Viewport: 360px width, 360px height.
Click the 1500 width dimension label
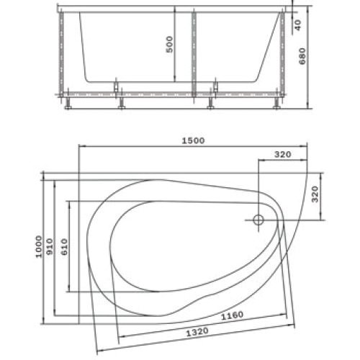pos(193,140)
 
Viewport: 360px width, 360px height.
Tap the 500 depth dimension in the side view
pos(169,45)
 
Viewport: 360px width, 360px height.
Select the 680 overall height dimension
pos(302,56)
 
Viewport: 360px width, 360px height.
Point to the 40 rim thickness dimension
pos(297,25)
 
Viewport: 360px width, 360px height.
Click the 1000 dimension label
pos(39,247)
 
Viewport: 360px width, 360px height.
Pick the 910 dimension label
pos(50,247)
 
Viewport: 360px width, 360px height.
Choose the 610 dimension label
pos(64,247)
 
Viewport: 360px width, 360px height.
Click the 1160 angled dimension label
pos(232,315)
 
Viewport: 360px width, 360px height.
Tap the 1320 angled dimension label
pos(197,332)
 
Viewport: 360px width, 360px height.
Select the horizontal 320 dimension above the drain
pos(283,154)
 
